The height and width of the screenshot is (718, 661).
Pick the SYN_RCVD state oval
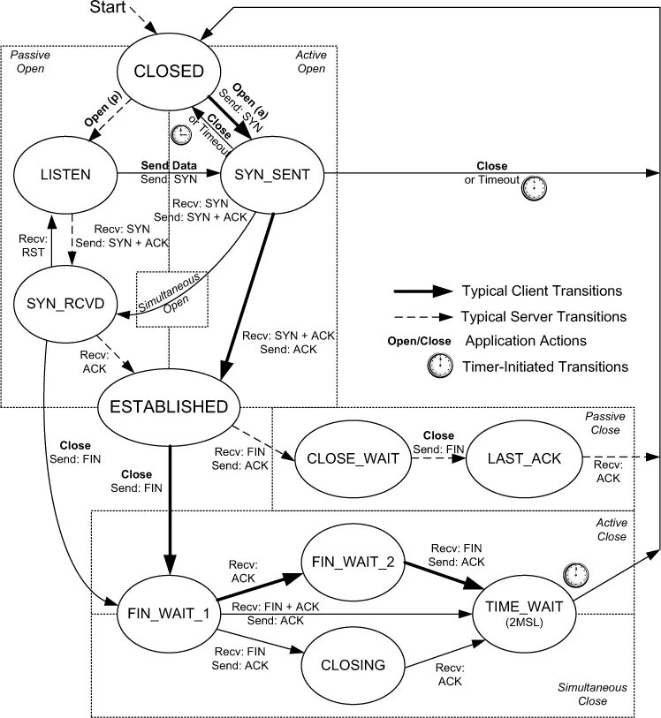(61, 305)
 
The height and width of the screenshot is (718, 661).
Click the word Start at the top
(110, 8)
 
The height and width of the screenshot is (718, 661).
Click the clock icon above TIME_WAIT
(574, 574)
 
